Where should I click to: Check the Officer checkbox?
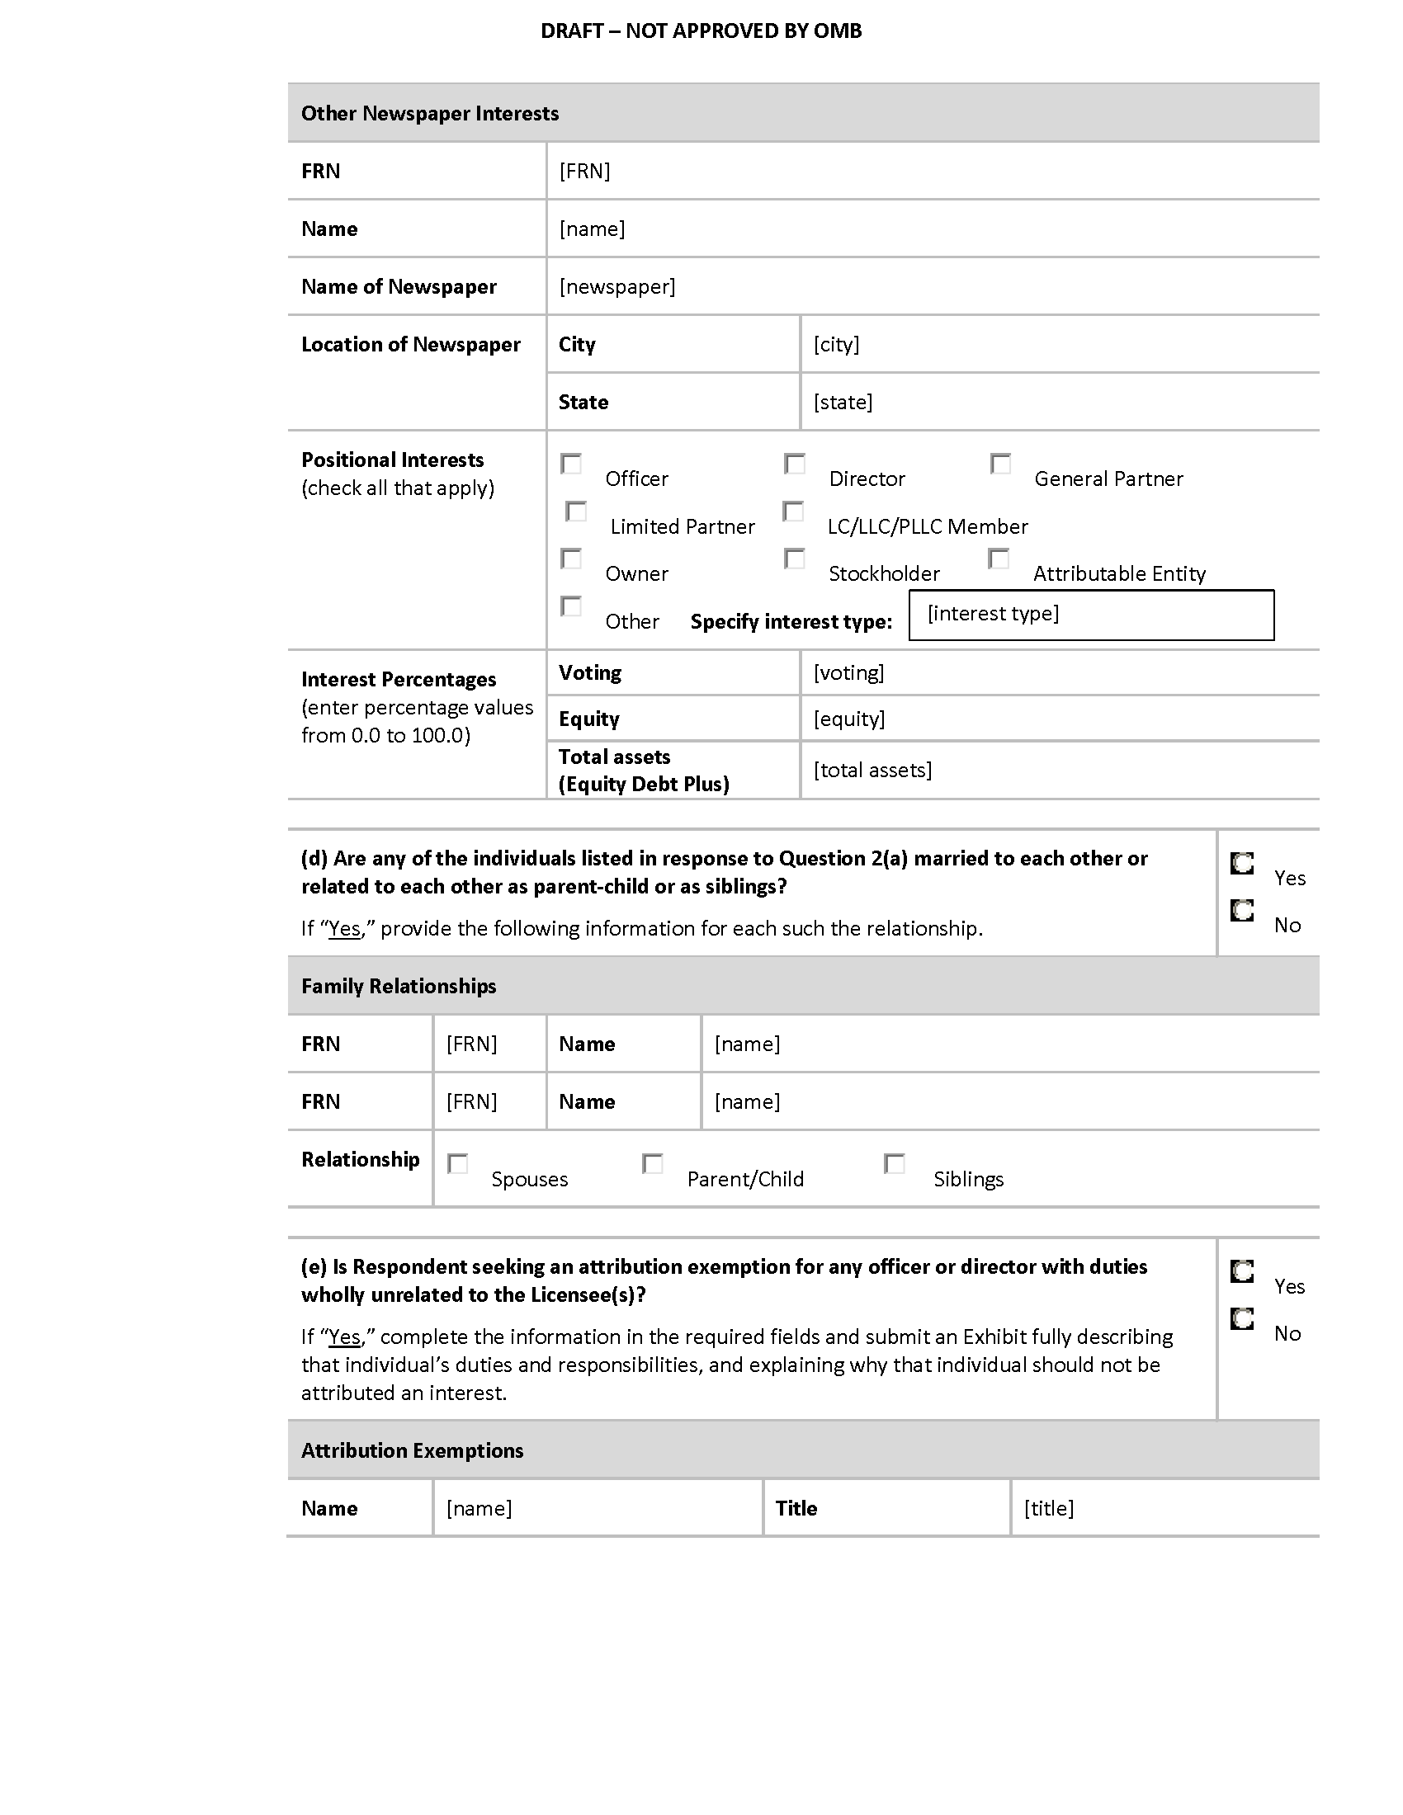coord(571,464)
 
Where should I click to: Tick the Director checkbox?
coord(795,464)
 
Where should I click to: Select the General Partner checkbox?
coord(1001,464)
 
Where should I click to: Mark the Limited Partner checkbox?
coord(576,511)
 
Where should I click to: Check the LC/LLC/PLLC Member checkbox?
coord(794,511)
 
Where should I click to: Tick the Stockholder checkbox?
coord(795,559)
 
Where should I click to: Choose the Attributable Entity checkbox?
coord(999,559)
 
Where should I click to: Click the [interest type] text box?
coord(1090,615)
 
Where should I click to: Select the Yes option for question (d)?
coord(1242,864)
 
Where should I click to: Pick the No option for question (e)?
coord(1242,1319)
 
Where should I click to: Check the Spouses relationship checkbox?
coord(458,1163)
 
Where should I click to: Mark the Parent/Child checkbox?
coord(654,1163)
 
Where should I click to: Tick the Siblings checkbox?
coord(895,1163)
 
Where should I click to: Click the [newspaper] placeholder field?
coord(616,287)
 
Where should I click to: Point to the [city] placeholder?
coord(836,344)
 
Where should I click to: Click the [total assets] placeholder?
coord(872,770)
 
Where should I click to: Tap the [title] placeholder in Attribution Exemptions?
coord(1049,1508)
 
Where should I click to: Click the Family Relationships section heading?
coord(399,987)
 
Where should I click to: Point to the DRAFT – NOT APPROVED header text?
coord(701,31)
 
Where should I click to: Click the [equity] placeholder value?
coord(848,719)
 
